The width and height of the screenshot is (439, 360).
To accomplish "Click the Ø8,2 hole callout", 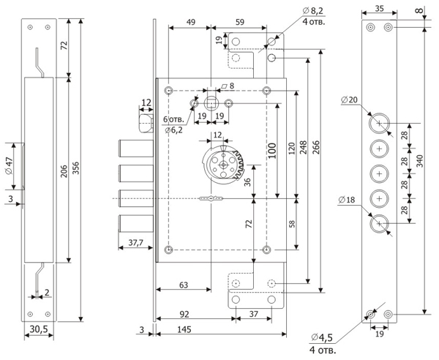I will pyautogui.click(x=313, y=12).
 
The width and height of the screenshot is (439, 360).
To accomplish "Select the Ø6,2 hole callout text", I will pyautogui.click(x=173, y=130).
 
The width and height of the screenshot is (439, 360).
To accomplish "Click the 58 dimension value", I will pyautogui.click(x=293, y=223).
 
